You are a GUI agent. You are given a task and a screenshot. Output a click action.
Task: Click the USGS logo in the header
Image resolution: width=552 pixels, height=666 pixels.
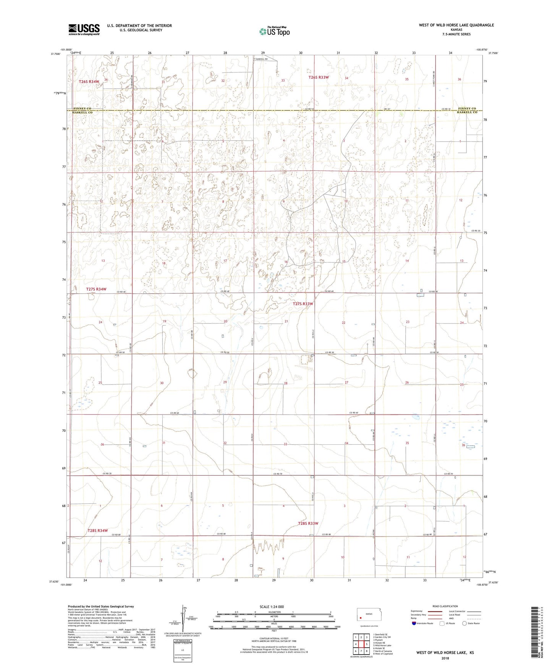point(84,29)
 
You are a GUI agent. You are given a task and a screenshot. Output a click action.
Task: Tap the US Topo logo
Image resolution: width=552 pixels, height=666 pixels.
point(274,31)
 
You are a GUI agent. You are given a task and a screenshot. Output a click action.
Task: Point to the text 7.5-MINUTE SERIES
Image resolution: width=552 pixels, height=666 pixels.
point(456,34)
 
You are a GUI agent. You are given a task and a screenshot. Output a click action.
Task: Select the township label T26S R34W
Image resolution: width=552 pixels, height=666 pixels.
point(89,82)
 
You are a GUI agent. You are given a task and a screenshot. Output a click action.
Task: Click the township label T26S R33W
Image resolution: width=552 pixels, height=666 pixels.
point(319,77)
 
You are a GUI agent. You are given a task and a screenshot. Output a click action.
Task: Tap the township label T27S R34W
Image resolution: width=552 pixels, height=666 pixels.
point(96,289)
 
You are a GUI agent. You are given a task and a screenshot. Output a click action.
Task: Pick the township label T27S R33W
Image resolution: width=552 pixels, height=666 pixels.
point(303,304)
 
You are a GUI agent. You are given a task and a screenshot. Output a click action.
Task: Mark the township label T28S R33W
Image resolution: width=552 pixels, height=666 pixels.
point(308,523)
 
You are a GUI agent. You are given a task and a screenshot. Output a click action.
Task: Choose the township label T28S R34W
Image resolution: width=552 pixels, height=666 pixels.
point(98,531)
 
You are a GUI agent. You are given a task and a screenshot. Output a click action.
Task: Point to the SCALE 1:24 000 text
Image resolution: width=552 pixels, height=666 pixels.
point(272,606)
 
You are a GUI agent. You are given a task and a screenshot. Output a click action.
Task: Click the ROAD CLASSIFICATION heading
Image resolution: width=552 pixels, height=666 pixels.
point(445,606)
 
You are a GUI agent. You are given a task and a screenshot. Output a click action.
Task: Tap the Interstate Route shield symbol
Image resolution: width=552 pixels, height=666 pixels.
point(414,623)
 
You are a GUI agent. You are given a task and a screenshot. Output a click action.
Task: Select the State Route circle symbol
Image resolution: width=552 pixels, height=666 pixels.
point(465,623)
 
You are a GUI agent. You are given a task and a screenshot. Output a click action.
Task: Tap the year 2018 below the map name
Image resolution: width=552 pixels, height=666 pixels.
point(445,658)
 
